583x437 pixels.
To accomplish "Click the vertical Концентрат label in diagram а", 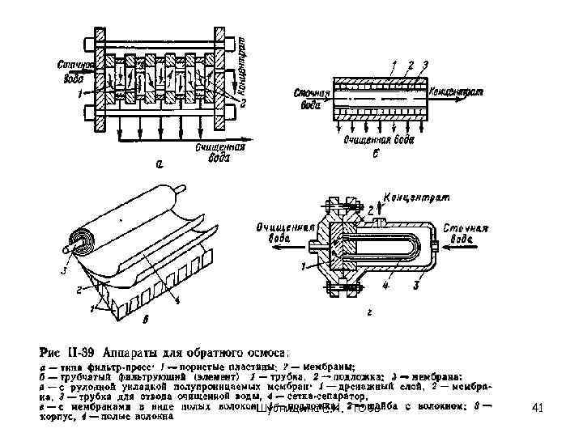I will (x=246, y=53).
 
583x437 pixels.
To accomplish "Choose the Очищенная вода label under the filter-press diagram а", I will (x=213, y=152).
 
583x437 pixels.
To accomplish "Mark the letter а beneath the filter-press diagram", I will (x=160, y=164).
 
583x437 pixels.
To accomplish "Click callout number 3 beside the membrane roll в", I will (x=64, y=271).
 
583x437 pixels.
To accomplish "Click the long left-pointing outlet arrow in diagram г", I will (x=287, y=250).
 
